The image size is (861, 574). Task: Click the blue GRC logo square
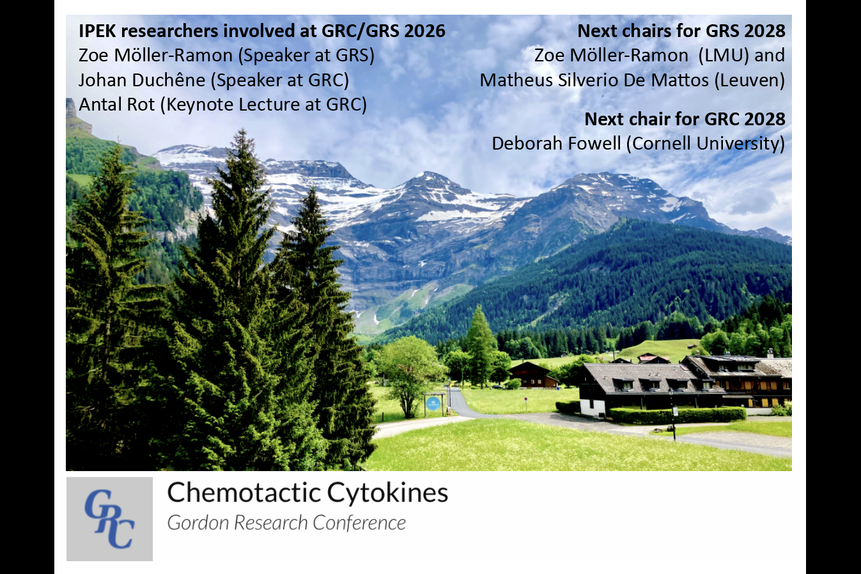tap(109, 519)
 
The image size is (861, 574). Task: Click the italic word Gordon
tap(199, 524)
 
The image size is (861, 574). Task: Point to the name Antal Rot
tap(116, 105)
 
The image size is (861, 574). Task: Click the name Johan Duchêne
tap(142, 81)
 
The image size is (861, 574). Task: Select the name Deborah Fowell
tap(556, 143)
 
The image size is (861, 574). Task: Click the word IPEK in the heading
tap(97, 31)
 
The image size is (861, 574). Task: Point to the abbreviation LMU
tap(723, 56)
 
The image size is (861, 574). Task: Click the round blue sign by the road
tap(433, 403)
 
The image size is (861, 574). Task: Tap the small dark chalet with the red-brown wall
tap(532, 375)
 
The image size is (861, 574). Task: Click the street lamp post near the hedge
tap(672, 415)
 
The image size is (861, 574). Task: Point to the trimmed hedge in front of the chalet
tap(678, 415)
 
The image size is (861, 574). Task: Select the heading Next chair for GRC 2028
tap(685, 119)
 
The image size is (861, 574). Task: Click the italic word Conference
tap(359, 524)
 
